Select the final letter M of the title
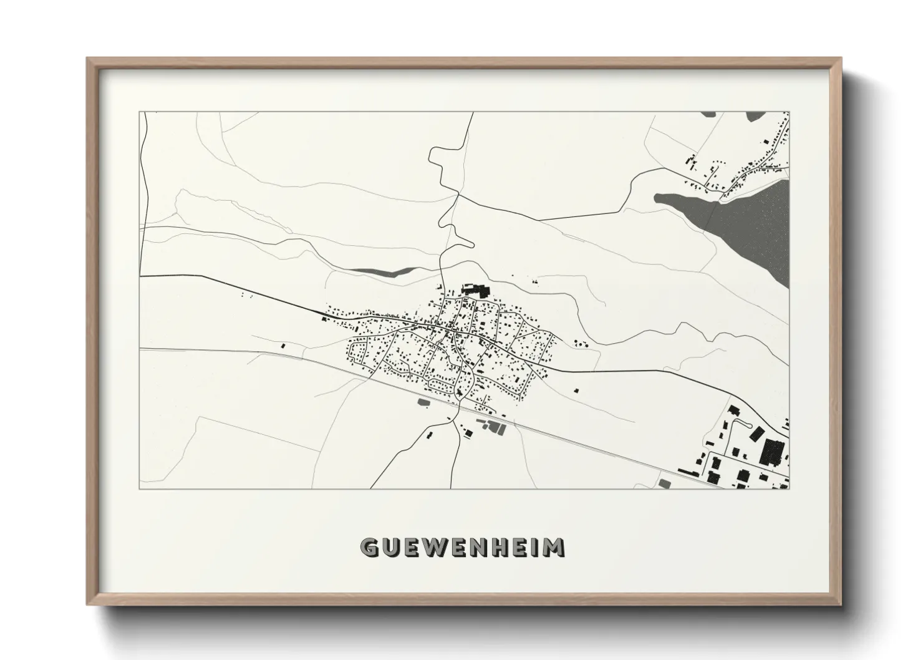[x=554, y=548]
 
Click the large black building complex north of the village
[x=476, y=289]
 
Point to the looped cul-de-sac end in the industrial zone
[x=740, y=424]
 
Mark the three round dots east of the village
[x=579, y=342]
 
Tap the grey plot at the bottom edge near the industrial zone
[x=664, y=483]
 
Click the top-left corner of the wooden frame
[x=89, y=59]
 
